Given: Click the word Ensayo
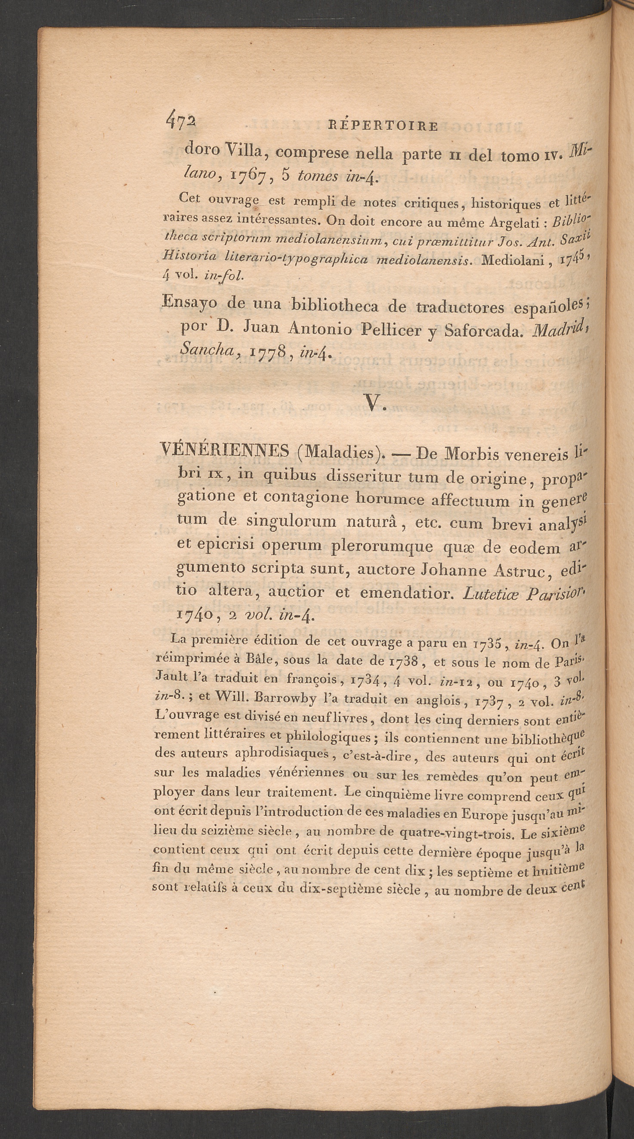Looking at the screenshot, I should (x=190, y=304).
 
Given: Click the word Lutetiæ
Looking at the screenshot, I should (x=490, y=594).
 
